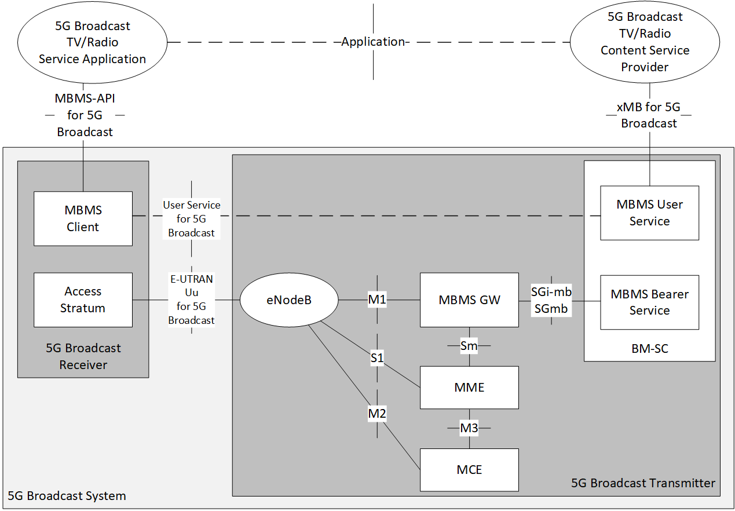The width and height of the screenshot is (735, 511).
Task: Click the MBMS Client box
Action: [83, 218]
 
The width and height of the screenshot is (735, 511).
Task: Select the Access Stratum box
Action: [83, 300]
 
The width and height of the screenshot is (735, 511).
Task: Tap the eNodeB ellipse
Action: [289, 300]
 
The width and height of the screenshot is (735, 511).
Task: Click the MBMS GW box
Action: [469, 300]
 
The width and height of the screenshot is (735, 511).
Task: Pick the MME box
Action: [469, 387]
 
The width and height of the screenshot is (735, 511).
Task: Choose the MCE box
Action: [469, 469]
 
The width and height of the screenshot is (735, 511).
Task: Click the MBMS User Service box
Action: [649, 213]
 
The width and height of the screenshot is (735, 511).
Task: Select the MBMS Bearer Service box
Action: [649, 302]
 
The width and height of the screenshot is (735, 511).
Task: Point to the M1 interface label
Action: [377, 300]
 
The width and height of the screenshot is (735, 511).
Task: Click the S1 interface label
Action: [377, 358]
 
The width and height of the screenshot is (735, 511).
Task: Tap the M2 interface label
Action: [377, 414]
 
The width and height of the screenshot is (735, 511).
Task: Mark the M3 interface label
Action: [469, 428]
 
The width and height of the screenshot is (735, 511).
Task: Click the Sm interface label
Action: [469, 346]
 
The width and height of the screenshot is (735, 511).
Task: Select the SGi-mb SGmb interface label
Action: [551, 300]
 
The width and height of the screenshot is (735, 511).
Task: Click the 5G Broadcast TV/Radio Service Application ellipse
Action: [92, 42]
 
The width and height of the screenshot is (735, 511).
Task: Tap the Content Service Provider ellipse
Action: [645, 42]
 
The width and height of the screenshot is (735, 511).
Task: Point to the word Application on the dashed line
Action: [373, 42]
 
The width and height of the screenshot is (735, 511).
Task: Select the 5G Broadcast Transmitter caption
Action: [643, 483]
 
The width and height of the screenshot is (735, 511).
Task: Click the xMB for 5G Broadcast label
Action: [649, 115]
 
